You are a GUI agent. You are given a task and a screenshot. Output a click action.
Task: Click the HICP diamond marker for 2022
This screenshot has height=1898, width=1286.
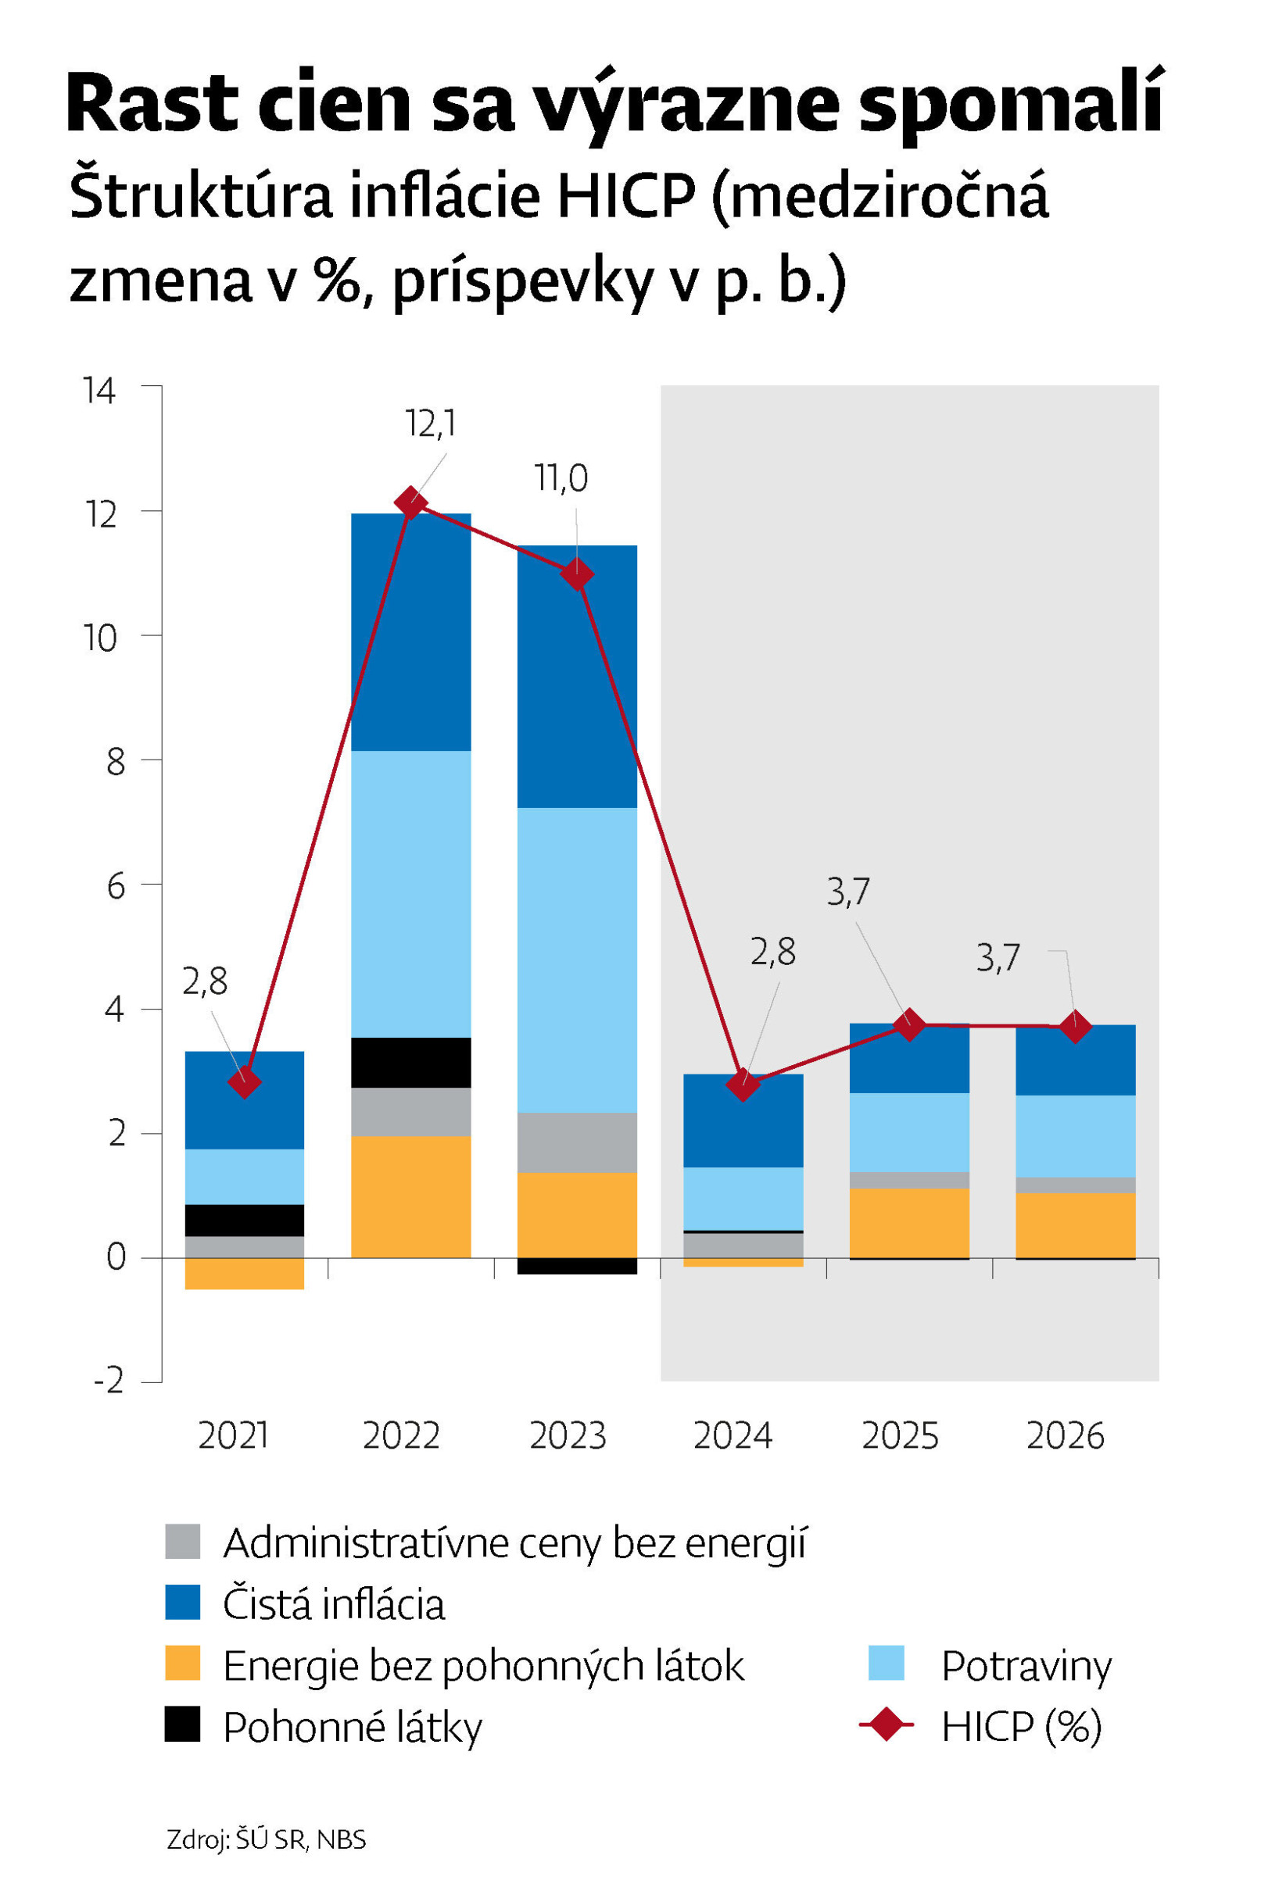[410, 502]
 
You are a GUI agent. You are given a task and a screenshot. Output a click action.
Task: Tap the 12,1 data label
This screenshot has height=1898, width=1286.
[430, 424]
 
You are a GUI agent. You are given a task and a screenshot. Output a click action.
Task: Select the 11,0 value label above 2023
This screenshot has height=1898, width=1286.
[561, 478]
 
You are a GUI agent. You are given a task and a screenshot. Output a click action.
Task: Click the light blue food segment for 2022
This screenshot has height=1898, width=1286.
[410, 893]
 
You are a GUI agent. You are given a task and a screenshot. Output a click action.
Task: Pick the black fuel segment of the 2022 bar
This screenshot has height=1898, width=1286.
[410, 1062]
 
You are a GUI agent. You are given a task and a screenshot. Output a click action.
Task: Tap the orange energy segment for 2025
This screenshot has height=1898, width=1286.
[908, 1223]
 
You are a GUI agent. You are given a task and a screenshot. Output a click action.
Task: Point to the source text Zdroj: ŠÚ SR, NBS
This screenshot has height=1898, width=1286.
[267, 1839]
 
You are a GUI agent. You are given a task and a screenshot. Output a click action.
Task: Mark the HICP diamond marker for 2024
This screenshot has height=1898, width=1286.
[742, 1085]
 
